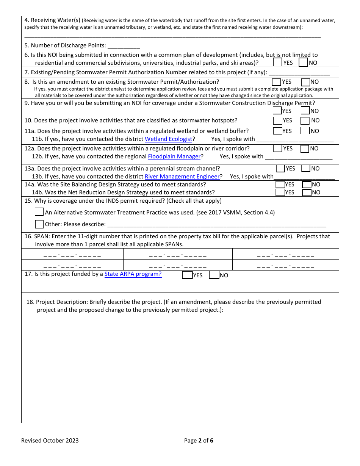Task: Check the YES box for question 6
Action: coord(277,62)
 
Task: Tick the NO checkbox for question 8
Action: coord(305,82)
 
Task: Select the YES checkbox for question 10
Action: coord(278,121)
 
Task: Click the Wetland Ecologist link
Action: coord(169,139)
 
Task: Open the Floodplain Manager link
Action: coord(174,156)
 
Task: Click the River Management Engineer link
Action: coord(182,177)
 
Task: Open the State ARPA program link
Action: coord(133,274)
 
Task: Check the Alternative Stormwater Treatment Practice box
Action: coord(39,212)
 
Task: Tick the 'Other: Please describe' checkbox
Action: coord(39,224)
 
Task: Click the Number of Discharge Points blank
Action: coord(124,46)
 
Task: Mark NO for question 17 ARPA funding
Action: coord(214,275)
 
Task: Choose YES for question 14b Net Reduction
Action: coord(280,192)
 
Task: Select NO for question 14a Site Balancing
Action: coord(307,185)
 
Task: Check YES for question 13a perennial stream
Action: coord(281,169)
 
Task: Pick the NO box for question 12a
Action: coord(305,149)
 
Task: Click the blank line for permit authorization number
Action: coord(299,73)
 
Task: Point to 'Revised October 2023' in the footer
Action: coord(50,440)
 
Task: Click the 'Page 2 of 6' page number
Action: coord(199,440)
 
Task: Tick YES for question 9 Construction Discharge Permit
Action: coord(277,111)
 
